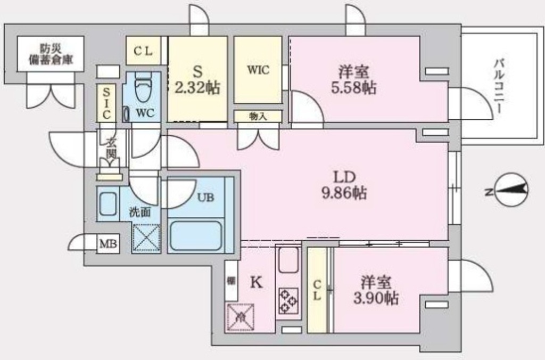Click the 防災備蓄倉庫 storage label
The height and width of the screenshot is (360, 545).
tap(52, 53)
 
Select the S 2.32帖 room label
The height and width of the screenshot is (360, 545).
tap(197, 80)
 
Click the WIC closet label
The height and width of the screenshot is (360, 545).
tap(258, 70)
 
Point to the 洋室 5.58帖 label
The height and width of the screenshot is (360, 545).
tap(353, 80)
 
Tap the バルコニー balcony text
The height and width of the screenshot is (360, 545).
tap(499, 85)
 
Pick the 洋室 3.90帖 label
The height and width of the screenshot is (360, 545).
tap(376, 290)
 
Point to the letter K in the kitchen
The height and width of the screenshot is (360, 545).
tap(256, 282)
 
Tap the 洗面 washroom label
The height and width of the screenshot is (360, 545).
tap(139, 212)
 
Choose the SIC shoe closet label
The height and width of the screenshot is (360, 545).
tap(106, 102)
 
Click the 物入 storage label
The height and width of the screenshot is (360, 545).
tap(258, 116)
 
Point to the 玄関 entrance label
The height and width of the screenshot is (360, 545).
tap(112, 149)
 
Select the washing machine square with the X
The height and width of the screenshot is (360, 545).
tap(146, 238)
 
